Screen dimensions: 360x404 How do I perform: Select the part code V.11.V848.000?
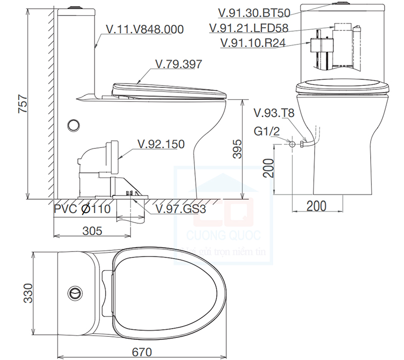pyautogui.click(x=145, y=30)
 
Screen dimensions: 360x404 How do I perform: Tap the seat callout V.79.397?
pyautogui.click(x=178, y=64)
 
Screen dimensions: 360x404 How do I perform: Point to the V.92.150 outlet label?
pyautogui.click(x=161, y=144)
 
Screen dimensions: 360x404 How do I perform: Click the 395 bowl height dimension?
pyautogui.click(x=235, y=149)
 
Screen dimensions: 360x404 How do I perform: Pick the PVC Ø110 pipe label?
pyautogui.click(x=82, y=209)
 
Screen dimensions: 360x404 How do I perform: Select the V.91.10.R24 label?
pyautogui.click(x=254, y=43)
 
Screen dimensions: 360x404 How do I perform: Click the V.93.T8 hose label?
pyautogui.click(x=273, y=113)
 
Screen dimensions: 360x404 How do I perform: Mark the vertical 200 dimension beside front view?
pyautogui.click(x=269, y=168)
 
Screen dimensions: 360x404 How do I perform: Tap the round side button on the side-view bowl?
pyautogui.click(x=74, y=124)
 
